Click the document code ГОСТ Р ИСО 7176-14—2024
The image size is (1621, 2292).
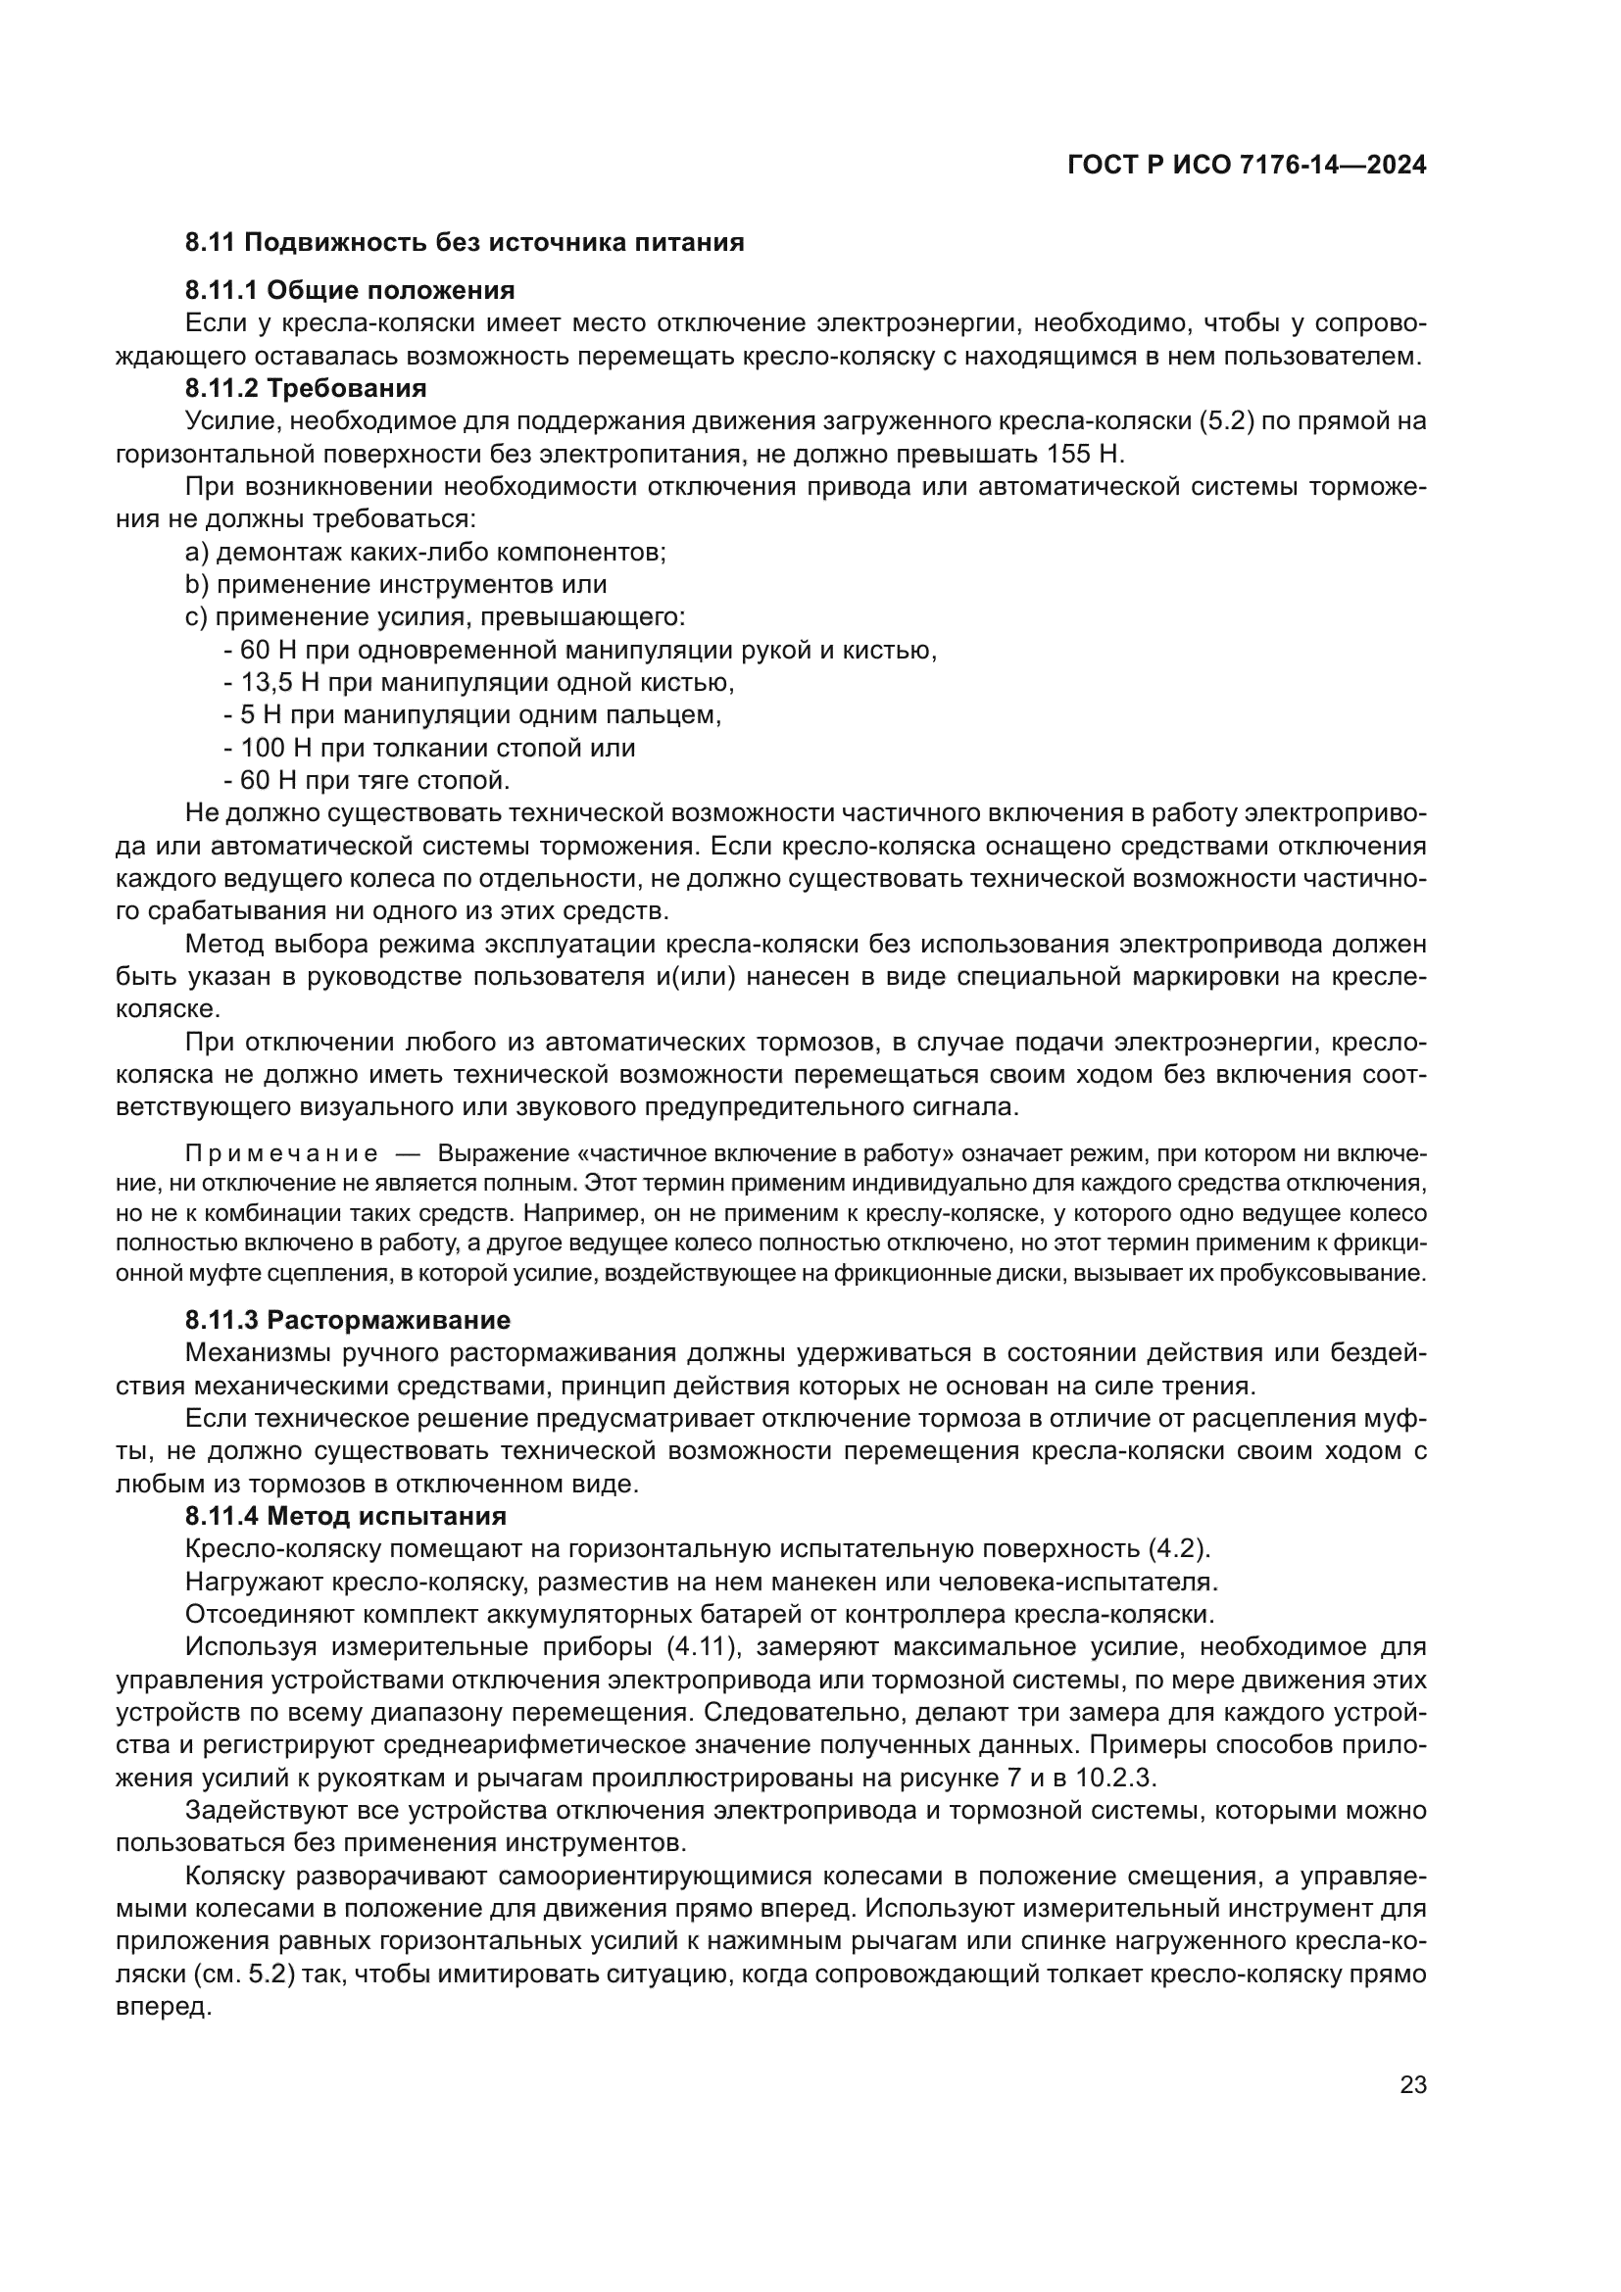(1247, 166)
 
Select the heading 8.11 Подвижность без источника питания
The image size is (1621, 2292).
(465, 243)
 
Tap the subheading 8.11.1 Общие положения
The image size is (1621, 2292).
(349, 290)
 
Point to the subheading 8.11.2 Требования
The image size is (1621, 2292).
(306, 387)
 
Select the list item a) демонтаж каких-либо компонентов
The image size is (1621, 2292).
(425, 552)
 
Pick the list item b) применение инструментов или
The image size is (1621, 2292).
(395, 584)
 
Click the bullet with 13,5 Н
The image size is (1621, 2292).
(479, 683)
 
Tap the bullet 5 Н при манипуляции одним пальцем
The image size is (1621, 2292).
(472, 714)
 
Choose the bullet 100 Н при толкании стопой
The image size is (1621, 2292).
(429, 748)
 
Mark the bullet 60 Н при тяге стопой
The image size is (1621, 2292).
(368, 780)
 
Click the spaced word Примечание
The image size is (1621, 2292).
(281, 1154)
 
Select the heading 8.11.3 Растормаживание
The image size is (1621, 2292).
(347, 1320)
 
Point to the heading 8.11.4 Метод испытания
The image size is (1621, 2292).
(345, 1515)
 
